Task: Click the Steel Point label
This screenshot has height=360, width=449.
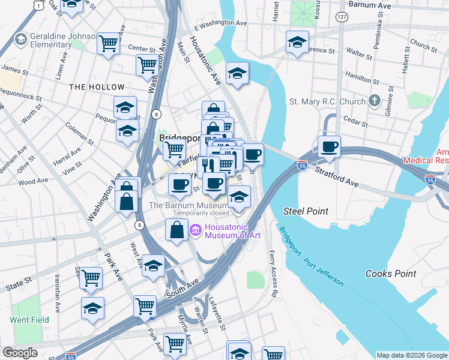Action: pyautogui.click(x=306, y=211)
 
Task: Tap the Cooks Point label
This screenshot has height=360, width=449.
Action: pyautogui.click(x=391, y=274)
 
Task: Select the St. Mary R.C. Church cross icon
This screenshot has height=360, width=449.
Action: pyautogui.click(x=375, y=101)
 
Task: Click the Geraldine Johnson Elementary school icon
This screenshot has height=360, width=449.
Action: pyautogui.click(x=20, y=40)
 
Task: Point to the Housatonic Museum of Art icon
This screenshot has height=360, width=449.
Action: pyautogui.click(x=195, y=230)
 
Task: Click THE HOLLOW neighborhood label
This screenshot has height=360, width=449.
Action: pyautogui.click(x=97, y=87)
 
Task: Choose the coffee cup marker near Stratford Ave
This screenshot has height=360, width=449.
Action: pyautogui.click(x=329, y=146)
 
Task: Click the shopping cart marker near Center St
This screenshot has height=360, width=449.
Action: pyautogui.click(x=109, y=43)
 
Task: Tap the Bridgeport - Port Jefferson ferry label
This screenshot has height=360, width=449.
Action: pyautogui.click(x=311, y=256)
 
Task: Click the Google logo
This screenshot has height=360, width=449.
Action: pyautogui.click(x=20, y=353)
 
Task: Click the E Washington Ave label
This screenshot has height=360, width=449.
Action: pyautogui.click(x=221, y=23)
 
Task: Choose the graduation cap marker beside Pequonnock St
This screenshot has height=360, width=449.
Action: pyautogui.click(x=125, y=107)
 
